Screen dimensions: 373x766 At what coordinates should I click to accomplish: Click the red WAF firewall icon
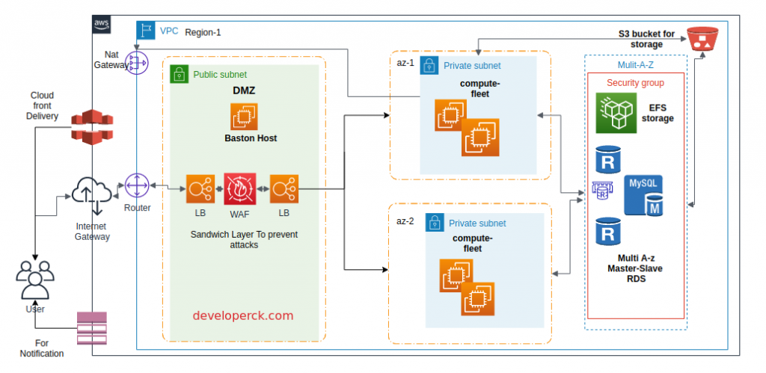click(x=240, y=188)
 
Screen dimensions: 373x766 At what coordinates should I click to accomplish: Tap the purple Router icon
click(x=138, y=186)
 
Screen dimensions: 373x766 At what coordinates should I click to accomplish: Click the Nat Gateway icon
click(x=137, y=64)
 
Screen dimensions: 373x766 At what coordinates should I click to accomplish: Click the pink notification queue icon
click(x=92, y=330)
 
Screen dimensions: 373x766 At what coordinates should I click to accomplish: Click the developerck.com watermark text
click(x=243, y=315)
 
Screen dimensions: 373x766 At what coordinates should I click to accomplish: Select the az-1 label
click(x=405, y=62)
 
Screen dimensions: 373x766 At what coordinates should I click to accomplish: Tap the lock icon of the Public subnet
click(x=179, y=74)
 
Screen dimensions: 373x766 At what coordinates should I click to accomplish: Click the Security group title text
click(x=634, y=82)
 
